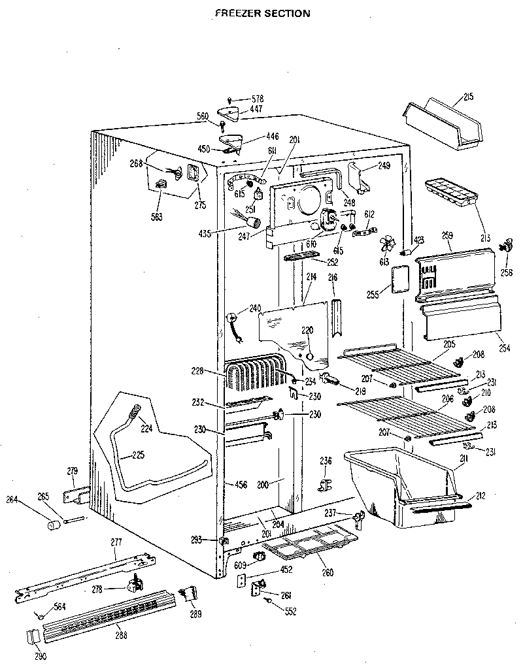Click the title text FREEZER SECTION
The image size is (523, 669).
pos(263,12)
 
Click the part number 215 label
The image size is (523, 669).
pos(468,97)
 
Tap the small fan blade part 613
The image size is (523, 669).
pos(388,244)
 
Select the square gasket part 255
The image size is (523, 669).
pos(399,278)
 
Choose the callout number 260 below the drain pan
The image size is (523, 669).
pos(327,573)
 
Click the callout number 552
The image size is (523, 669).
pos(291,611)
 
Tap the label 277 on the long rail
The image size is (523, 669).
pos(116,542)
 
